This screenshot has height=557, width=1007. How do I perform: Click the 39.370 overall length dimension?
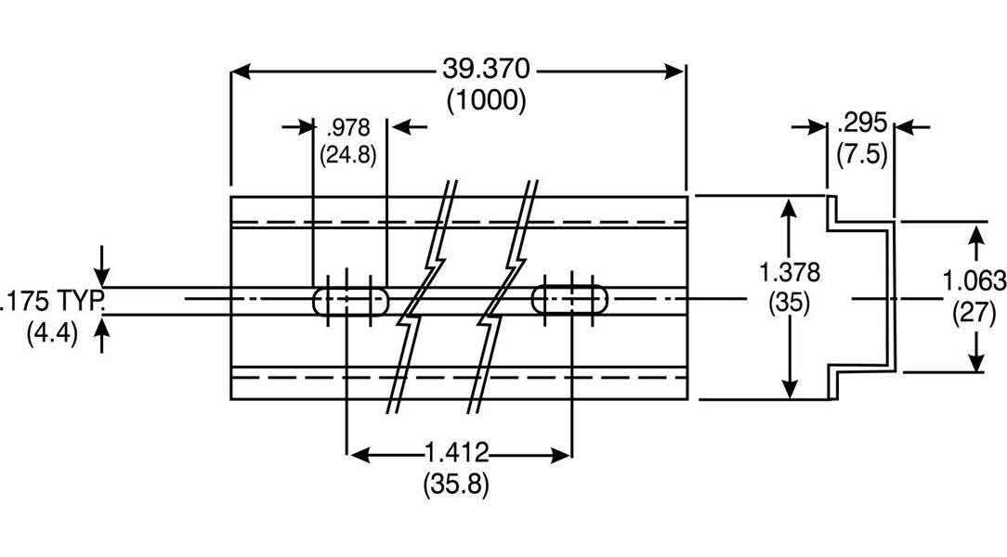click(x=488, y=71)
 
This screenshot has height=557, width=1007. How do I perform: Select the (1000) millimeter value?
click(x=487, y=99)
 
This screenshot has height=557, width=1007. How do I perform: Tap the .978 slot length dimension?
click(x=348, y=127)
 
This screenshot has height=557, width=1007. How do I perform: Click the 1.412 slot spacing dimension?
click(x=456, y=454)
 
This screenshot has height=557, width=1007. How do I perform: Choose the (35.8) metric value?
click(x=456, y=484)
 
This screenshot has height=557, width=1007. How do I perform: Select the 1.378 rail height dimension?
click(x=789, y=273)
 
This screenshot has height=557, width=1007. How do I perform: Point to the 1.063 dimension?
click(x=974, y=280)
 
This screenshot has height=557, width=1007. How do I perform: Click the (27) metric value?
click(x=974, y=313)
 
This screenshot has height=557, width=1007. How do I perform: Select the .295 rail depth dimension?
click(x=861, y=124)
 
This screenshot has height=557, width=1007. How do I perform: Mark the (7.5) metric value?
click(x=861, y=153)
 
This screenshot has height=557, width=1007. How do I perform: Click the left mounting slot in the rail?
click(x=351, y=300)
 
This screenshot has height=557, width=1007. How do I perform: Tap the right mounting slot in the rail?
click(x=570, y=299)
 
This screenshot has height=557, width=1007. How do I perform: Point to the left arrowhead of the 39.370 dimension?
click(x=240, y=71)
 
